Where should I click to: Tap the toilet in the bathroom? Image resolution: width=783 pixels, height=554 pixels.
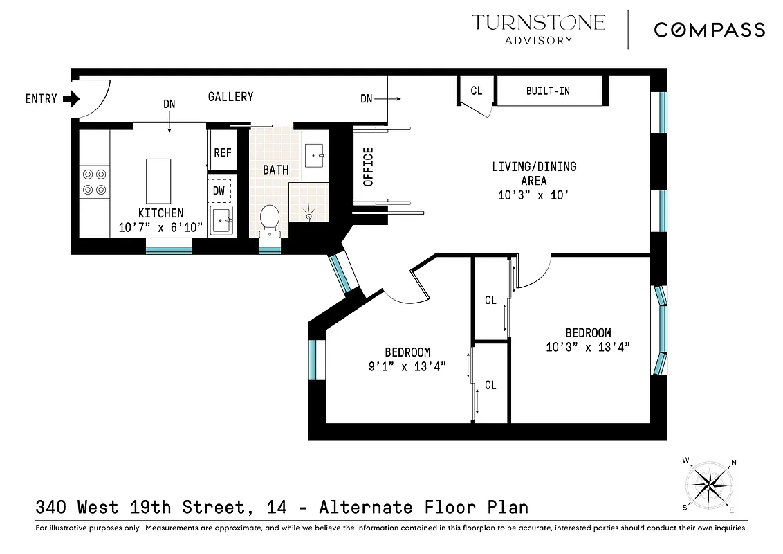point(269,220)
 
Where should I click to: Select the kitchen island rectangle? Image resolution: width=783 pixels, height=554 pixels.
point(158,179)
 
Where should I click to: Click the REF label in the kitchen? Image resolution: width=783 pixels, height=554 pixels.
point(222,152)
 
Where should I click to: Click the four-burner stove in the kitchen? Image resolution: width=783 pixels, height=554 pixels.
point(94,182)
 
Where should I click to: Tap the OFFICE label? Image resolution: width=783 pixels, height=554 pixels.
point(368,167)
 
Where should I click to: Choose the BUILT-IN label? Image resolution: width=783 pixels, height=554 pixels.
point(548,91)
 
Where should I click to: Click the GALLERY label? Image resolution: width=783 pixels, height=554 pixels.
point(230,97)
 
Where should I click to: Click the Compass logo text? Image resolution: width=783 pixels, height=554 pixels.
point(709,30)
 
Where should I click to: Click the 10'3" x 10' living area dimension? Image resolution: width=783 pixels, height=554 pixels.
point(533,195)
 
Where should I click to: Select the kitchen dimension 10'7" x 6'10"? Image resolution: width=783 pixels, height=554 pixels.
point(160,226)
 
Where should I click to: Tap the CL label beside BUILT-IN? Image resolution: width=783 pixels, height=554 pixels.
point(476,91)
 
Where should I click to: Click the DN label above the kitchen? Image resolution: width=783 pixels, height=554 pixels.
point(169,105)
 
